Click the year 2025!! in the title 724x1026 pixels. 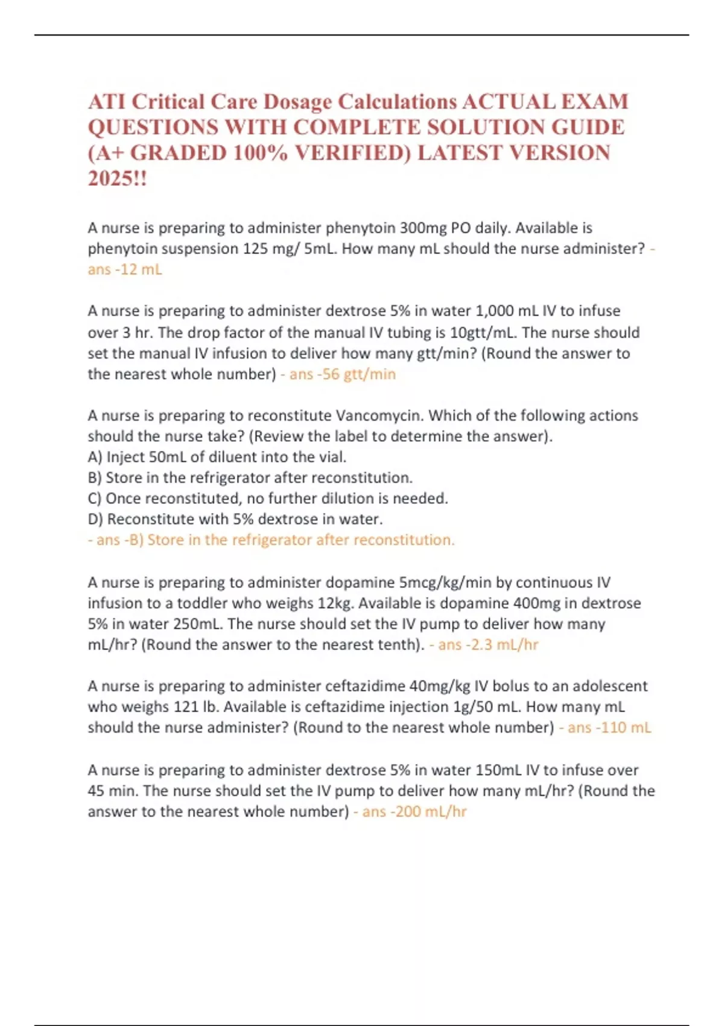(117, 179)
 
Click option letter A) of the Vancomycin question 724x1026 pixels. (95, 457)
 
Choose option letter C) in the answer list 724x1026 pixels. (95, 499)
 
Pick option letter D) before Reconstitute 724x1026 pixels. (95, 519)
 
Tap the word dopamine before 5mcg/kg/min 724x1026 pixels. (360, 582)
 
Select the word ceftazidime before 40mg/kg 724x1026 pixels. (365, 686)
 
